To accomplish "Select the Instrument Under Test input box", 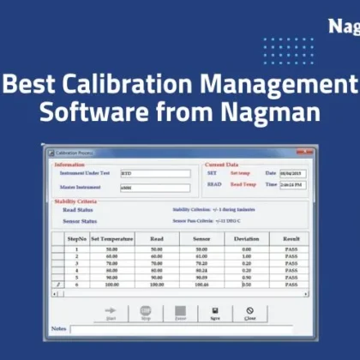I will pos(155,173).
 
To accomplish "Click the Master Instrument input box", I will pos(155,188).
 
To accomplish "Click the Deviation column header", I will pos(245,238).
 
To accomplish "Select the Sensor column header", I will pos(201,238).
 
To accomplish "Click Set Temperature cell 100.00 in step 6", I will pos(109,283).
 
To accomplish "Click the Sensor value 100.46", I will pos(201,283).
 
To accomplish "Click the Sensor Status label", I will pos(80,220).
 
